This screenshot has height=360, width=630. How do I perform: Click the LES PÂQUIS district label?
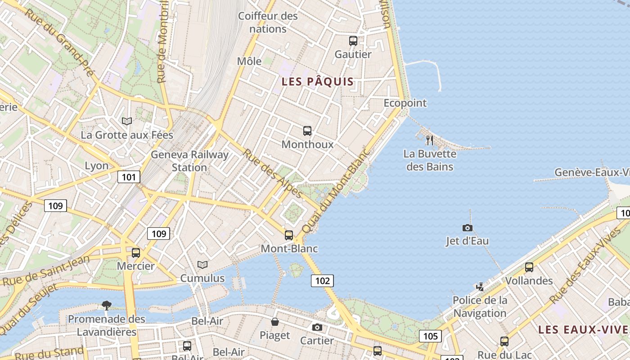318,82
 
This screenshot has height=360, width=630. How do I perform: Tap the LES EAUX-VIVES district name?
584,329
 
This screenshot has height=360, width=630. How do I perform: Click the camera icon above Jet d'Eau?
468,228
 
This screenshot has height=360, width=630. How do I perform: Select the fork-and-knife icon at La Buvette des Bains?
430,140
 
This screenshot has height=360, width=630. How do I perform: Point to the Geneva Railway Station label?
189,161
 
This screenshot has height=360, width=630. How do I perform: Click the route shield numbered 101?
129,177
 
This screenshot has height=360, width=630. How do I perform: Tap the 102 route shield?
322,281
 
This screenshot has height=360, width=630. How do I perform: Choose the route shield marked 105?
430,336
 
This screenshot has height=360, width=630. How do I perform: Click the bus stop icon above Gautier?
353,41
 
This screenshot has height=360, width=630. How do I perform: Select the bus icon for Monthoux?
307,131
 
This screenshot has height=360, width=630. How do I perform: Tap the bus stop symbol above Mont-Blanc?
289,235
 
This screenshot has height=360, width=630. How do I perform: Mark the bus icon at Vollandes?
529,267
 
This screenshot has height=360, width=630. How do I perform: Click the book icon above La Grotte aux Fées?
127,121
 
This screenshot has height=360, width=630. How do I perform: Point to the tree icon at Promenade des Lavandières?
107,306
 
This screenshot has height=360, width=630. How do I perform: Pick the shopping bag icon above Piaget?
274,322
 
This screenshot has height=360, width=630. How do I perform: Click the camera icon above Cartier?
317,327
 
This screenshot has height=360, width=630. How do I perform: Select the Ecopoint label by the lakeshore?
405,103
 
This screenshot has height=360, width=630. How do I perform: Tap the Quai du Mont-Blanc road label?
336,190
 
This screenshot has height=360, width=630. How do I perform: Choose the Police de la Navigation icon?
480,287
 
